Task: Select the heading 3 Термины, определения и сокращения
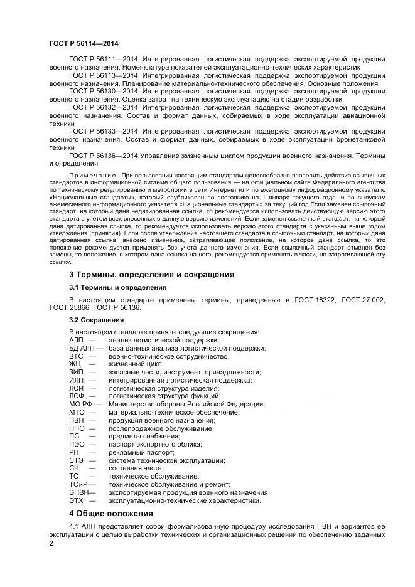(x=151, y=274)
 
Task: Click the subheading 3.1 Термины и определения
(x=117, y=287)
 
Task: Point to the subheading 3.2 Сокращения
(x=96, y=320)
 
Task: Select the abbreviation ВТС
(x=76, y=356)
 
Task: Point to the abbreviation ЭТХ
(x=76, y=500)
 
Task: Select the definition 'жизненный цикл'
(x=136, y=364)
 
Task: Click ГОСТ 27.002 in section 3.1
(x=364, y=300)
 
